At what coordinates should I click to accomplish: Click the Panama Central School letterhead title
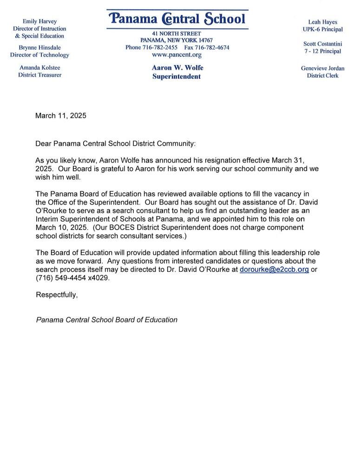(x=177, y=19)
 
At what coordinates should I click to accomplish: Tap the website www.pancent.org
(x=177, y=55)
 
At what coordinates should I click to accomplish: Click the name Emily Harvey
(x=39, y=21)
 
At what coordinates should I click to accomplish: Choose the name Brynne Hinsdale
(x=39, y=47)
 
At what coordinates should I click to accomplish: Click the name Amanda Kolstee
(x=39, y=67)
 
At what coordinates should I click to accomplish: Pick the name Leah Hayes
(x=322, y=22)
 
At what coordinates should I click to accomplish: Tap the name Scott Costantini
(x=322, y=44)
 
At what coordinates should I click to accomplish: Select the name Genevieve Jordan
(x=322, y=68)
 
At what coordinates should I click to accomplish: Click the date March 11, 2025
(x=61, y=116)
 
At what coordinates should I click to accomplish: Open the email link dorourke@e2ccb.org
(x=274, y=269)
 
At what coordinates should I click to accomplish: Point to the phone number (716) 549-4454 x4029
(x=73, y=278)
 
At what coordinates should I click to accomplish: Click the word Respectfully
(x=57, y=295)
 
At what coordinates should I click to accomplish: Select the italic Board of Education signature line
(x=107, y=320)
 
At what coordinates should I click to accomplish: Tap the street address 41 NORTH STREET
(x=177, y=33)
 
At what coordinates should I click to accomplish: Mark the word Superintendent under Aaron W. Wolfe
(x=177, y=76)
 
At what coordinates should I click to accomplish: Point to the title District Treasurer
(x=39, y=75)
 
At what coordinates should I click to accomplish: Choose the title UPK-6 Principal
(x=322, y=29)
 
